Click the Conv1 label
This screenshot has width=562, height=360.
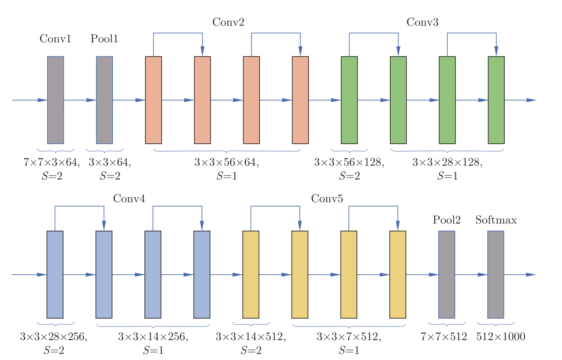[x=55, y=39]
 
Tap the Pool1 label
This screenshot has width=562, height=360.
[x=104, y=39]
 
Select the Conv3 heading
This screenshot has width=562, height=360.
[x=422, y=22]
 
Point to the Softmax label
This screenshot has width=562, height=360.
[x=496, y=220]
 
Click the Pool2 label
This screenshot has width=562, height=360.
[x=446, y=220]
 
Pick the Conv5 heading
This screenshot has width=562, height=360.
[x=327, y=199]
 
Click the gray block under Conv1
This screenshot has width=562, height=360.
[x=56, y=100]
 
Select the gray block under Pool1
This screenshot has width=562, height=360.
[x=104, y=100]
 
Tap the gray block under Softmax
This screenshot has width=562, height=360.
[x=496, y=274]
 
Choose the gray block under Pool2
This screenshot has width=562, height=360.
[x=447, y=274]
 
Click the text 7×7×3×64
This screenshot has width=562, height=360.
[x=51, y=162]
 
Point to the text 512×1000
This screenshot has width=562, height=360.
[x=501, y=337]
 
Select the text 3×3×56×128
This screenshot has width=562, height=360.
[x=349, y=162]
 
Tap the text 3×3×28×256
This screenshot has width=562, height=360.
[x=54, y=337]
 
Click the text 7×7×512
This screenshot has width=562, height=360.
[x=444, y=337]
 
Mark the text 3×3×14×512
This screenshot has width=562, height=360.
[x=250, y=337]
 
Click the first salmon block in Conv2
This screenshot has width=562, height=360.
[x=153, y=100]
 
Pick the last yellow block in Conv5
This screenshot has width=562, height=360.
[x=398, y=274]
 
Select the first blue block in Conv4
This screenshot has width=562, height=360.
[x=55, y=274]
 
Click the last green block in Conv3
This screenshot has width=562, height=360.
[x=496, y=100]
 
